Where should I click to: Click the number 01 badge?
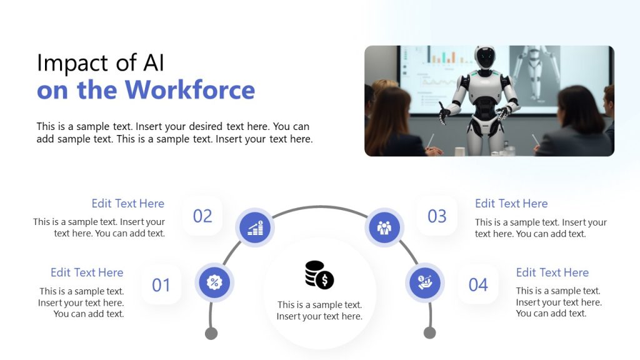pyautogui.click(x=161, y=285)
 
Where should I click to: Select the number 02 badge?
pyautogui.click(x=202, y=216)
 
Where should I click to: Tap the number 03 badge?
pyautogui.click(x=437, y=216)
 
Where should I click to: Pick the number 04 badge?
pyautogui.click(x=478, y=285)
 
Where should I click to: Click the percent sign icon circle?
pyautogui.click(x=214, y=282)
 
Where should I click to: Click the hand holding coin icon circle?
pyautogui.click(x=425, y=282)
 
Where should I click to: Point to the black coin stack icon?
pyautogui.click(x=319, y=275)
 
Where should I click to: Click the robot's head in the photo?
pyautogui.click(x=484, y=57)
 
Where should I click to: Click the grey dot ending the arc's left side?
pyautogui.click(x=211, y=332)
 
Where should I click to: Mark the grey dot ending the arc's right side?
pyautogui.click(x=429, y=332)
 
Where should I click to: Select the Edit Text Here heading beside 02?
pyautogui.click(x=127, y=204)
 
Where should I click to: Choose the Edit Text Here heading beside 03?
pyautogui.click(x=511, y=204)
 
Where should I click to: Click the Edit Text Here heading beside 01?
pyautogui.click(x=87, y=272)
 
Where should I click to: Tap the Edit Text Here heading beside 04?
pyautogui.click(x=552, y=272)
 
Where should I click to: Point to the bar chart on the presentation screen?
pyautogui.click(x=443, y=57)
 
